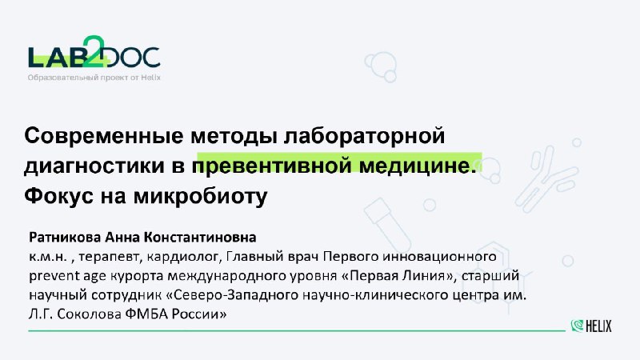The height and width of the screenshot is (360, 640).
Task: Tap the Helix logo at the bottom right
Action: click(x=591, y=326)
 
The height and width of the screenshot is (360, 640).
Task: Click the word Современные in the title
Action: click(x=104, y=135)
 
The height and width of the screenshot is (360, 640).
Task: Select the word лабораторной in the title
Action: click(x=364, y=136)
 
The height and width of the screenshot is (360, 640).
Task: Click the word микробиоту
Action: click(x=201, y=197)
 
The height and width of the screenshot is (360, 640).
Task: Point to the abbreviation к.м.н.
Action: click(x=48, y=257)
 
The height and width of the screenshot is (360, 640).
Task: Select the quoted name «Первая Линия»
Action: click(x=397, y=275)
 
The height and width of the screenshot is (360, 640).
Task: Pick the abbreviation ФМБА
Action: click(x=146, y=314)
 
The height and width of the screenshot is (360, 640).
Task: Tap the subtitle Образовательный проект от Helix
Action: click(x=94, y=78)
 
